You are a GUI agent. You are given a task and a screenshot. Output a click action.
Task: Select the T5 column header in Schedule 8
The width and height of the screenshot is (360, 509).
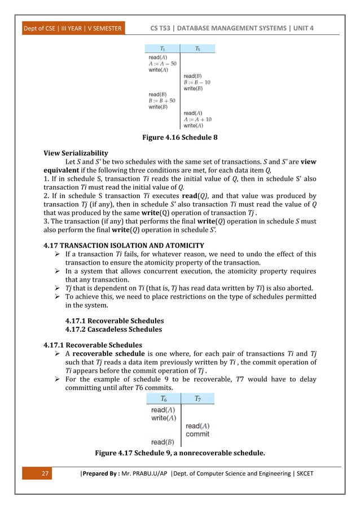[197, 49]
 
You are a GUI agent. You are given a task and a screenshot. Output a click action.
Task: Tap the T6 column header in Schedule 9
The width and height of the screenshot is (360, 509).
[163, 399]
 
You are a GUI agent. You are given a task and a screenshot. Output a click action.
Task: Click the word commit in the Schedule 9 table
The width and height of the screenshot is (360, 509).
[197, 434]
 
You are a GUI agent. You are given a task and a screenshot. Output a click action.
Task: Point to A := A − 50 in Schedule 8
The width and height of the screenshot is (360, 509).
[163, 63]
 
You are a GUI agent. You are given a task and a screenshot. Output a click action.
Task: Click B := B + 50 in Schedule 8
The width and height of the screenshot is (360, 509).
[163, 100]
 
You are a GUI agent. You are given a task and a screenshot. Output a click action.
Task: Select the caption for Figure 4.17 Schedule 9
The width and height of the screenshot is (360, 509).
[180, 453]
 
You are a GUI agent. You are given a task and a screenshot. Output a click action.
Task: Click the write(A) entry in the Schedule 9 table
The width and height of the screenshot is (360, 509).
[163, 418]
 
